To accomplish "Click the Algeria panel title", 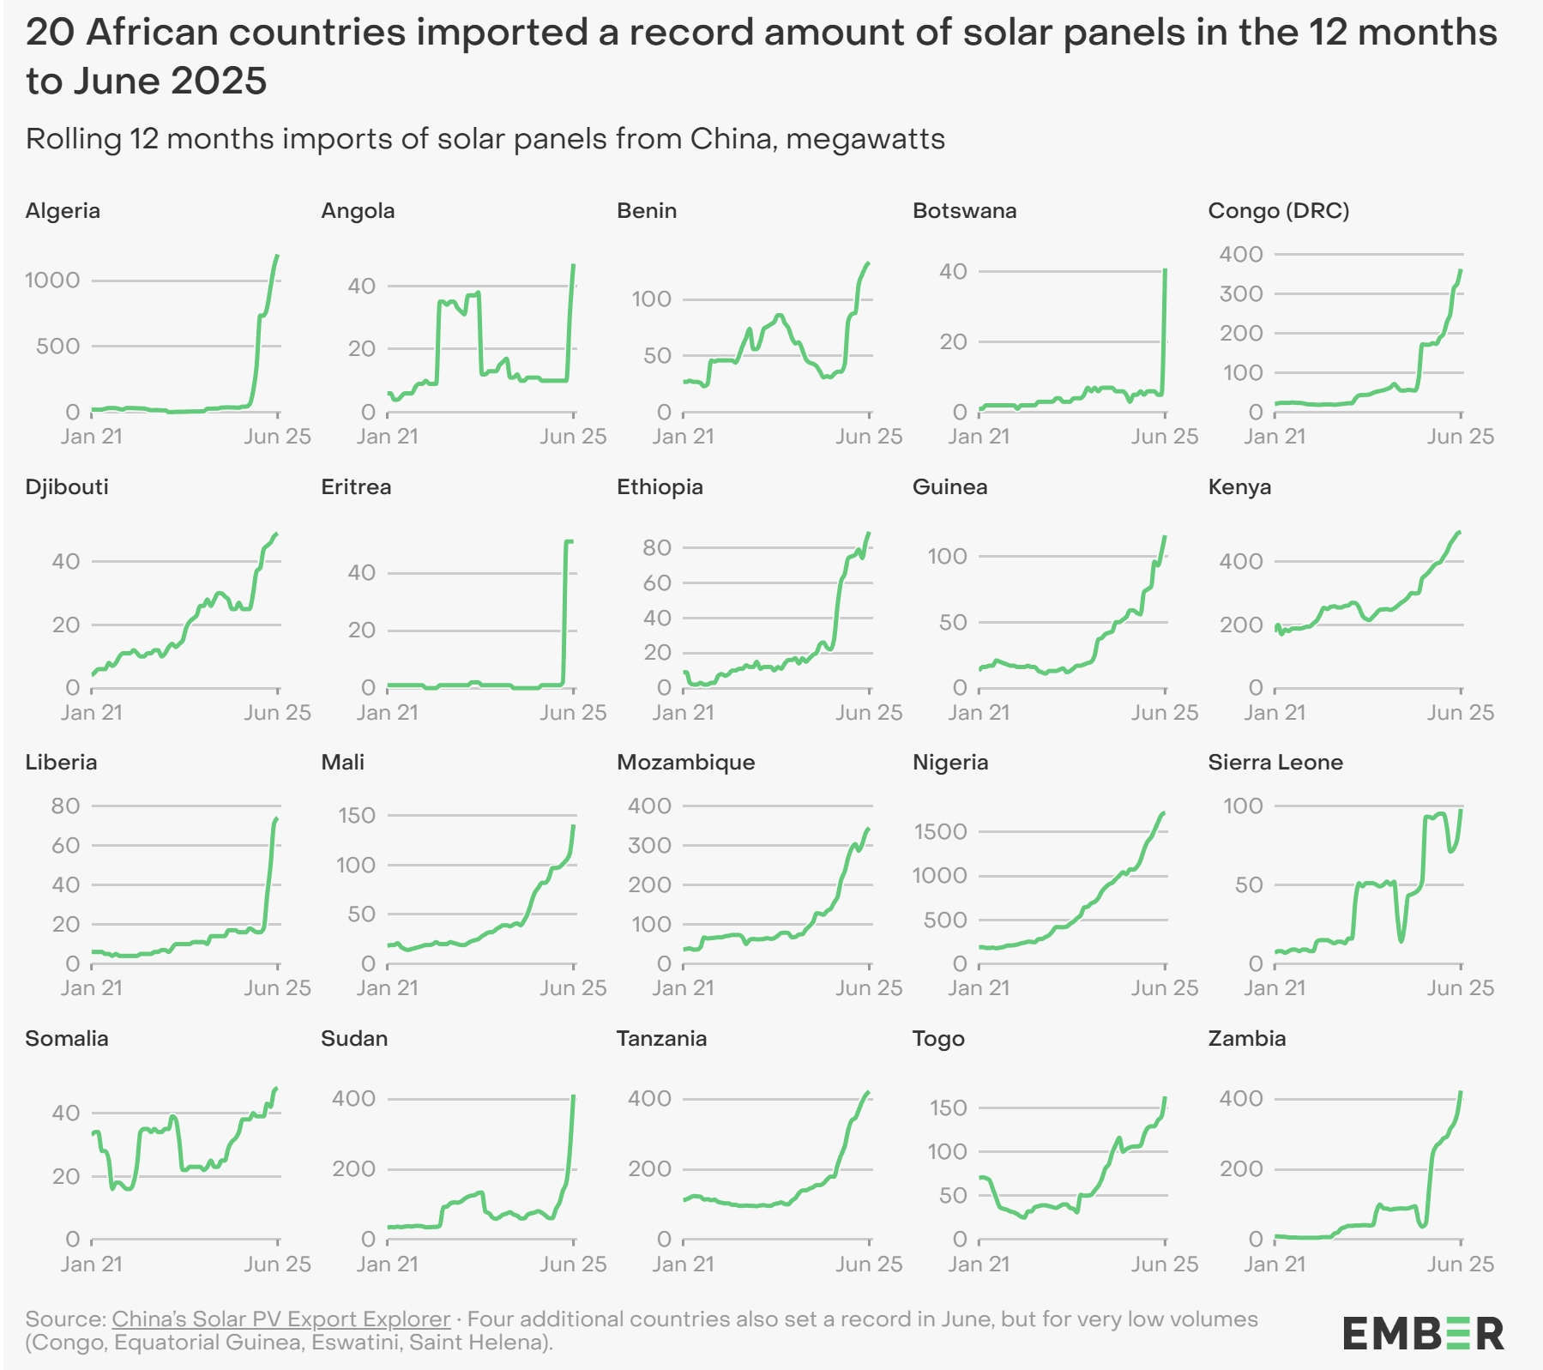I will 63,211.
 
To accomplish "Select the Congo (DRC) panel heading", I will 1278,211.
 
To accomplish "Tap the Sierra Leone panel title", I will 1275,763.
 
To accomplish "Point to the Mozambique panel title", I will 685,763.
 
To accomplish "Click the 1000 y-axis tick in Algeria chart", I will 52,281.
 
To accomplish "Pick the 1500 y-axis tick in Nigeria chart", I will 940,831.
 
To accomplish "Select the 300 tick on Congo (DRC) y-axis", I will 1241,293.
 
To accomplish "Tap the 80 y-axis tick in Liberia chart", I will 65,806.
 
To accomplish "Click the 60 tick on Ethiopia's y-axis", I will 657,583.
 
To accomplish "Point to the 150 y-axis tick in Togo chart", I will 949,1107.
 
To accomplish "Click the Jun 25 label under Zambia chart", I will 1460,1264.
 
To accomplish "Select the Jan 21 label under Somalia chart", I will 92,1264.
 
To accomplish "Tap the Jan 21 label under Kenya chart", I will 1275,713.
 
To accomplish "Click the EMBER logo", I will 1423,1334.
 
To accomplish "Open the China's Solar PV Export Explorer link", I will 280,1319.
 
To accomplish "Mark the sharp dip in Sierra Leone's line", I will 1401,940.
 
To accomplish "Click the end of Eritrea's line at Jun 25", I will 572,541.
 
